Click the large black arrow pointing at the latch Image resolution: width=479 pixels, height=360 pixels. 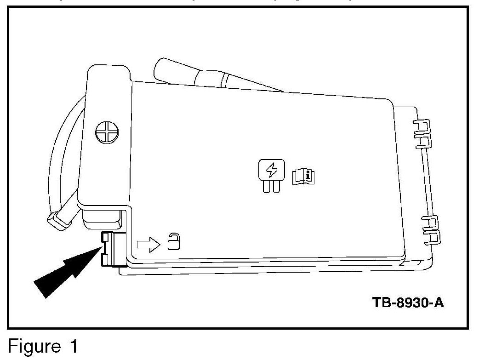[x=64, y=272]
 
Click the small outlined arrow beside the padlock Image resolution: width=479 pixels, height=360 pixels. [x=148, y=244]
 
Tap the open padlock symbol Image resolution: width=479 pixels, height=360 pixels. [x=173, y=242]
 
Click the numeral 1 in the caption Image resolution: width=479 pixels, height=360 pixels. [x=70, y=346]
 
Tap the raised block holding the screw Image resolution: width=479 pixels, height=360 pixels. [x=106, y=138]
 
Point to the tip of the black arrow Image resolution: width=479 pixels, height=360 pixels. [x=100, y=248]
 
